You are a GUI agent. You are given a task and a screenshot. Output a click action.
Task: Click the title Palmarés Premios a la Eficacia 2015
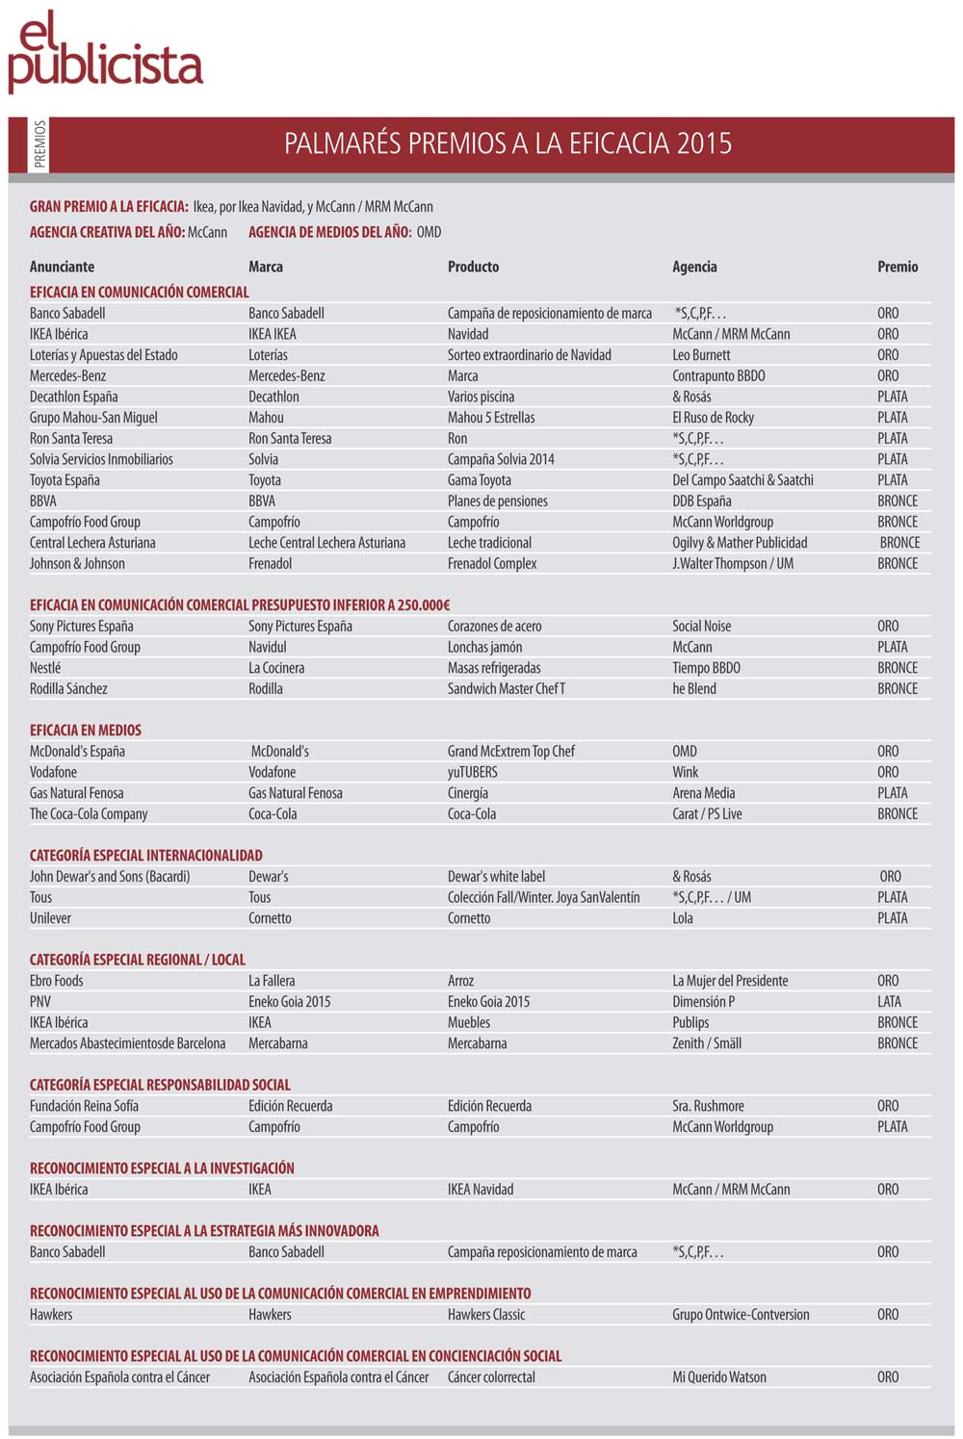click(x=508, y=143)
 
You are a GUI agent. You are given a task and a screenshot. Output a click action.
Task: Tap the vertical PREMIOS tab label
click(x=39, y=144)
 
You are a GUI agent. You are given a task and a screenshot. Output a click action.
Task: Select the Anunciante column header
click(x=62, y=267)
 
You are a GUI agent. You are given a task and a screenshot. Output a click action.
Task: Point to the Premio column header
click(x=898, y=267)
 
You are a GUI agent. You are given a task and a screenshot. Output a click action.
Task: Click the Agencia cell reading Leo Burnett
click(x=701, y=355)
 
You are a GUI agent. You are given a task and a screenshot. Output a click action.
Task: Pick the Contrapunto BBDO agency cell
click(x=718, y=375)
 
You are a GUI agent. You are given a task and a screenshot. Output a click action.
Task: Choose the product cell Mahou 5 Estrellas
click(x=491, y=418)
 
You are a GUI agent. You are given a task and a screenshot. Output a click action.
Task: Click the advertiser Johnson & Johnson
click(x=77, y=564)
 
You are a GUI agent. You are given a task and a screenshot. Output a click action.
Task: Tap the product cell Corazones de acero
click(x=494, y=627)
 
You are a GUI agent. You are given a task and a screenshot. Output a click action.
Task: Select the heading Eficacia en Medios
click(x=86, y=731)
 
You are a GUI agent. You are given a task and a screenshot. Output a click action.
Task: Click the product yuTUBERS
click(x=473, y=772)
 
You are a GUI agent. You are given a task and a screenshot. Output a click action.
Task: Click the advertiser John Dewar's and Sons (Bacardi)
click(x=110, y=877)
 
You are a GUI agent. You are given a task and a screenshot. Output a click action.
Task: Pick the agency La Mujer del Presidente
click(x=730, y=981)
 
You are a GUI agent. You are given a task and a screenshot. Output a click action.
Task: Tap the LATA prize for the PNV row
click(x=890, y=1002)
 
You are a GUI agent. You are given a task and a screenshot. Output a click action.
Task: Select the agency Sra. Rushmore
click(x=708, y=1106)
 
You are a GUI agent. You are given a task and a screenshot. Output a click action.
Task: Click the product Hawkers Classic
click(x=486, y=1315)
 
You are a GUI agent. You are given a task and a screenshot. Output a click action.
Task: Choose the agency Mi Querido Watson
click(x=719, y=1377)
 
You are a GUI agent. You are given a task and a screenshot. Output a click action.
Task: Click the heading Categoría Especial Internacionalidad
click(x=146, y=856)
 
